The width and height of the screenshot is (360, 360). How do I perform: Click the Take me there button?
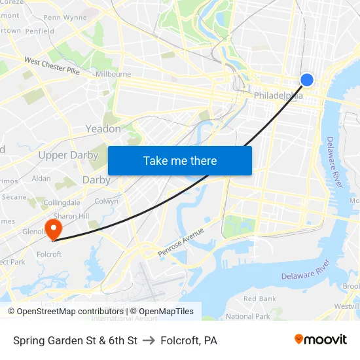tap(180, 160)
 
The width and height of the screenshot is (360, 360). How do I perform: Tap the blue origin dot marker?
tap(306, 80)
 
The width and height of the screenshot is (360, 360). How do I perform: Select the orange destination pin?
tap(52, 228)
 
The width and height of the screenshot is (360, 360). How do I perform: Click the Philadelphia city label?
tap(278, 96)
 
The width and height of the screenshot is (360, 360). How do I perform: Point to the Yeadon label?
tap(103, 129)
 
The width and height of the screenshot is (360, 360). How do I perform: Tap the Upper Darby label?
tap(68, 155)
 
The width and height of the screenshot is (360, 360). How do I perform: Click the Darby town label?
tap(96, 179)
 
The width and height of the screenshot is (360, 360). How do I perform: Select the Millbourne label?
tap(113, 75)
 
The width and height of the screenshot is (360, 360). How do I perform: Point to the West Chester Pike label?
tap(52, 66)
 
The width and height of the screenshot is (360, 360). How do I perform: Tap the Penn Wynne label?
tap(65, 17)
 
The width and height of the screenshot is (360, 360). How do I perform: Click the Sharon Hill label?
tap(71, 216)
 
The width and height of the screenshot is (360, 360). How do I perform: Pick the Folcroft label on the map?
tap(49, 255)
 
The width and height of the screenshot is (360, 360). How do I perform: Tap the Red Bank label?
tap(259, 298)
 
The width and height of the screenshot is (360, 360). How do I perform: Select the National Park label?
tap(247, 316)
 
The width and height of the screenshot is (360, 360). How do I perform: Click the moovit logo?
tap(321, 339)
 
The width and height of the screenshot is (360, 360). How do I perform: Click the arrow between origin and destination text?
tap(149, 340)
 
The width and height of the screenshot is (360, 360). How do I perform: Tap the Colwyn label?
tap(107, 202)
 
